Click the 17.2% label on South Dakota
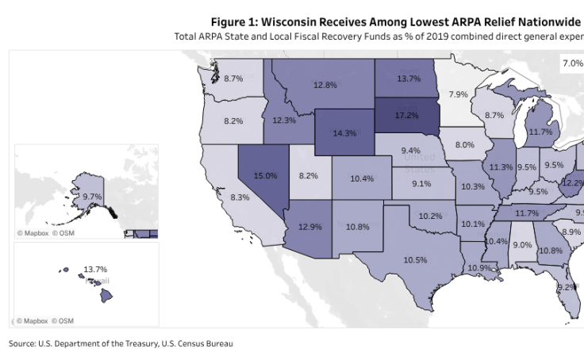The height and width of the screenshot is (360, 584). [x=406, y=116]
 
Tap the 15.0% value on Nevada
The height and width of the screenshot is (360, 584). [x=265, y=175]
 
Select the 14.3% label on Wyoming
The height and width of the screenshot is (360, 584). [x=344, y=133]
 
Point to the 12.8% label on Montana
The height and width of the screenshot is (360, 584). [x=325, y=85]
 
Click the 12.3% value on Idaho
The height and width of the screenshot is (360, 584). [x=284, y=121]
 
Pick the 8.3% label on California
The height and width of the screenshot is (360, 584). [x=240, y=197]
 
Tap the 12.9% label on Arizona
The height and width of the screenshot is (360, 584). [x=309, y=227]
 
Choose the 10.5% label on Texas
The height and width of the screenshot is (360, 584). [x=415, y=259]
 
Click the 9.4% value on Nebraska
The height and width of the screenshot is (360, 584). [x=411, y=151]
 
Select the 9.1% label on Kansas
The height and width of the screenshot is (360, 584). [x=421, y=184]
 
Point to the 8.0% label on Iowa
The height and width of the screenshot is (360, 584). [x=464, y=145]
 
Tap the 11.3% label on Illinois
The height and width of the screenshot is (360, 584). [x=501, y=167]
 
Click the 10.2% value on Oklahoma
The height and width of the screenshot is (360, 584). [x=430, y=216]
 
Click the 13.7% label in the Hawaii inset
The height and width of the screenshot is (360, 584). [x=94, y=270]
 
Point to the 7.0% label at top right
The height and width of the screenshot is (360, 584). [x=572, y=63]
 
